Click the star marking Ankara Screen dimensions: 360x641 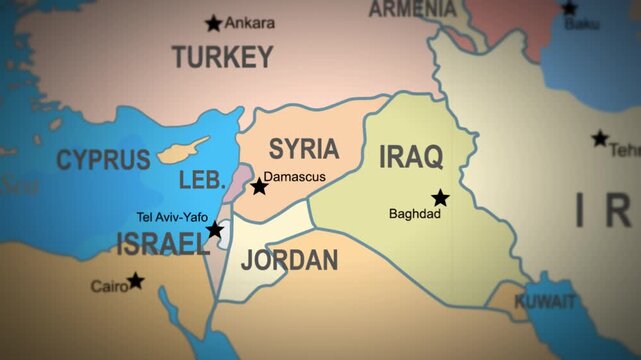(x=213, y=23)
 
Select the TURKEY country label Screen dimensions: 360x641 (x=222, y=57)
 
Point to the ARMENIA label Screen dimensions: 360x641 (x=413, y=9)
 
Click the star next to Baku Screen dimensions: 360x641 (x=569, y=7)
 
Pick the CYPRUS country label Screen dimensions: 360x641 (x=103, y=159)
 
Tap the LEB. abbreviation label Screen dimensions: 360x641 (x=201, y=181)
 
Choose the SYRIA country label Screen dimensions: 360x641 (x=304, y=149)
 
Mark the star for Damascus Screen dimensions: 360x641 (x=259, y=186)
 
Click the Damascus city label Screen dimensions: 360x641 (x=301, y=176)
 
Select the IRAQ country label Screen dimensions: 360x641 (x=411, y=156)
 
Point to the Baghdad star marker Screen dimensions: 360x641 (x=440, y=198)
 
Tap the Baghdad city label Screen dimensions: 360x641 (x=415, y=213)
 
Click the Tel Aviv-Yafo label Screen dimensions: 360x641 (x=172, y=216)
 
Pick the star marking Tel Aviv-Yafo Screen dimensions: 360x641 (x=215, y=230)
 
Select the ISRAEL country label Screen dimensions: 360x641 (x=163, y=243)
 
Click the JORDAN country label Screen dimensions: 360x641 (x=289, y=261)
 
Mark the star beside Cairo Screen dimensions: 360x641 (x=135, y=281)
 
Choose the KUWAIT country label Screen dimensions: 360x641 (x=545, y=301)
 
